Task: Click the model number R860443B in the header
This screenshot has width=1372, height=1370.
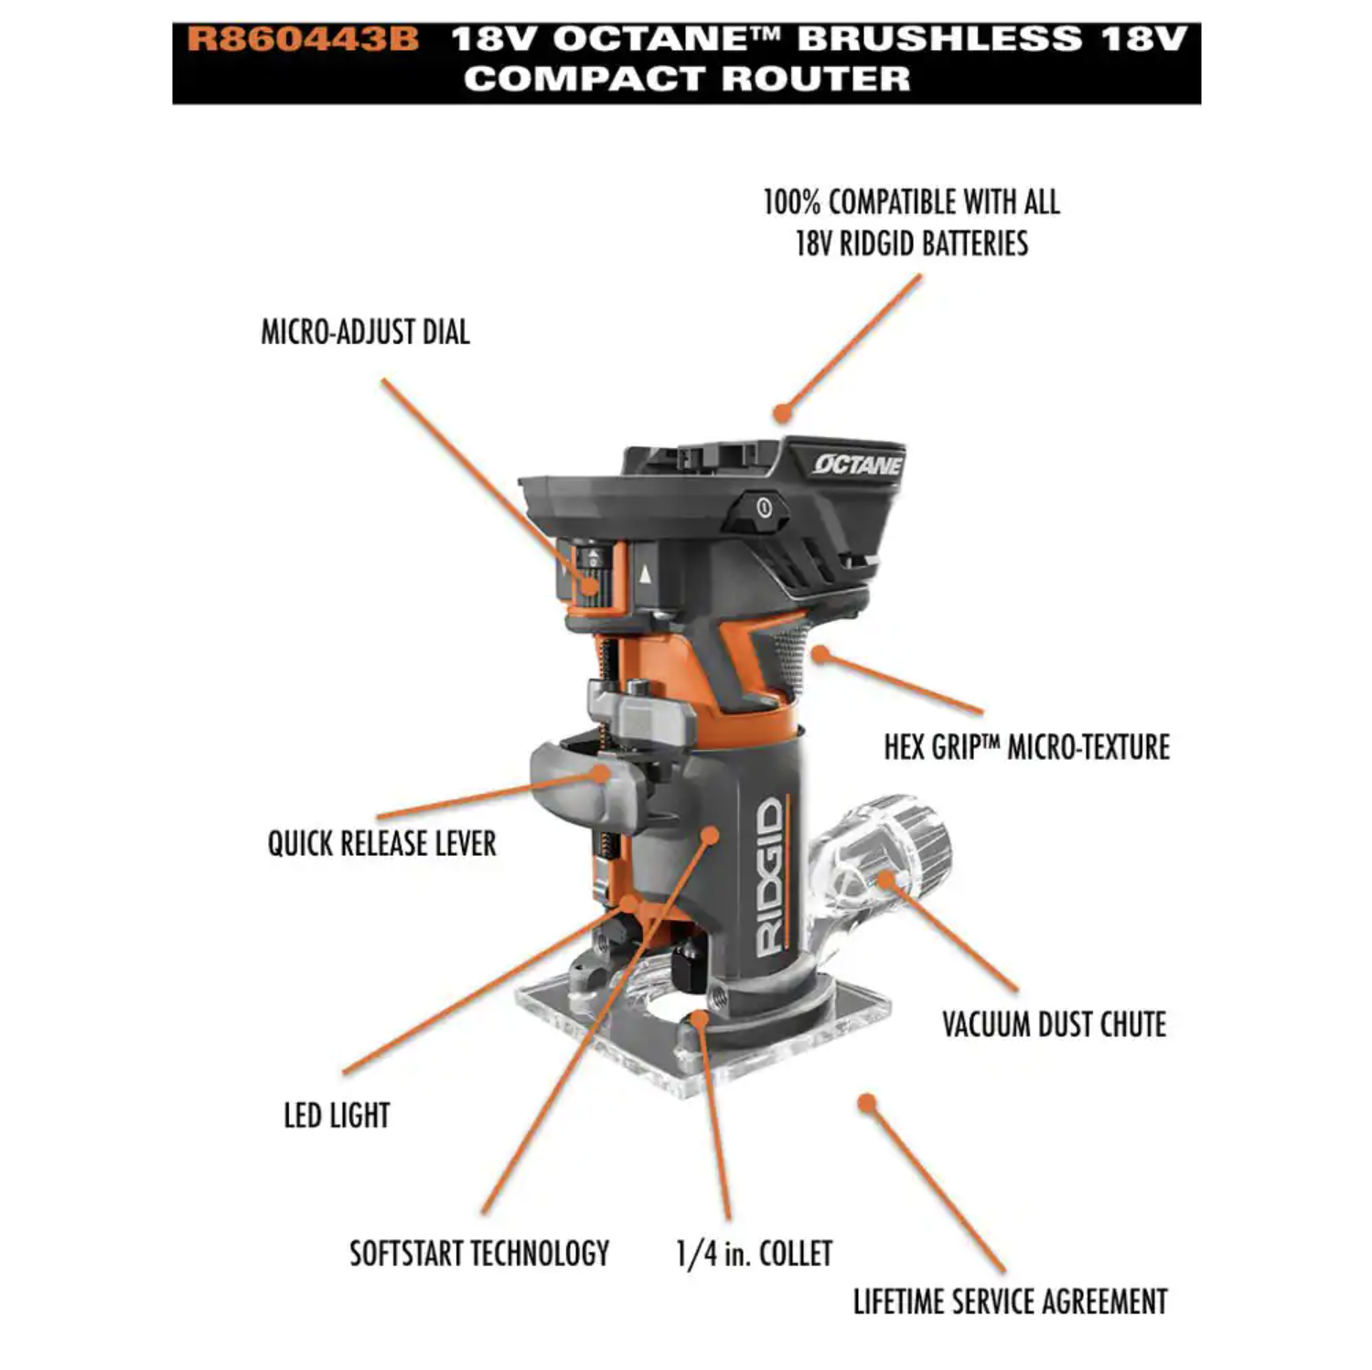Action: click(x=303, y=39)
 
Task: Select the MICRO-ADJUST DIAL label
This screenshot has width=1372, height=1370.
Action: click(x=365, y=332)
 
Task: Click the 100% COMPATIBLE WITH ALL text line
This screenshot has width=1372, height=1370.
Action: click(x=912, y=202)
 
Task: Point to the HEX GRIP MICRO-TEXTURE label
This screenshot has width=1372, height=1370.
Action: click(x=1026, y=747)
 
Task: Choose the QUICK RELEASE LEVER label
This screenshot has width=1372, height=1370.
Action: click(x=381, y=843)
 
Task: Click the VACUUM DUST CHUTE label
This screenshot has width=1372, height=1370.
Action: click(x=1054, y=1024)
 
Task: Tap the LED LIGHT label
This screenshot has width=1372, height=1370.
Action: click(x=337, y=1116)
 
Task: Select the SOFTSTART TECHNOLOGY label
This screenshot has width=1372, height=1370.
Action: click(x=479, y=1253)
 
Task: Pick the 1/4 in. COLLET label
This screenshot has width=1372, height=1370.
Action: click(x=755, y=1253)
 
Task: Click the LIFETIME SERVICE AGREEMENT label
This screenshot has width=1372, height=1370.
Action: click(x=1010, y=1301)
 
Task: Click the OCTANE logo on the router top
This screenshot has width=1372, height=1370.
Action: click(x=857, y=465)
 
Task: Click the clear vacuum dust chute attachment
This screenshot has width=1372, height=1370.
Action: click(x=878, y=860)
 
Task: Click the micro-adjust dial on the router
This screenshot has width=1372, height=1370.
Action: click(x=590, y=573)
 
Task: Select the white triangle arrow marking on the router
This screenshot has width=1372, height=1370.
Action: click(x=646, y=574)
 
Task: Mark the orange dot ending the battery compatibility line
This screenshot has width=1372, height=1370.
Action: click(x=781, y=413)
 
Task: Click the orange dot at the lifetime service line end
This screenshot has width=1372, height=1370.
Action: click(x=867, y=1103)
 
